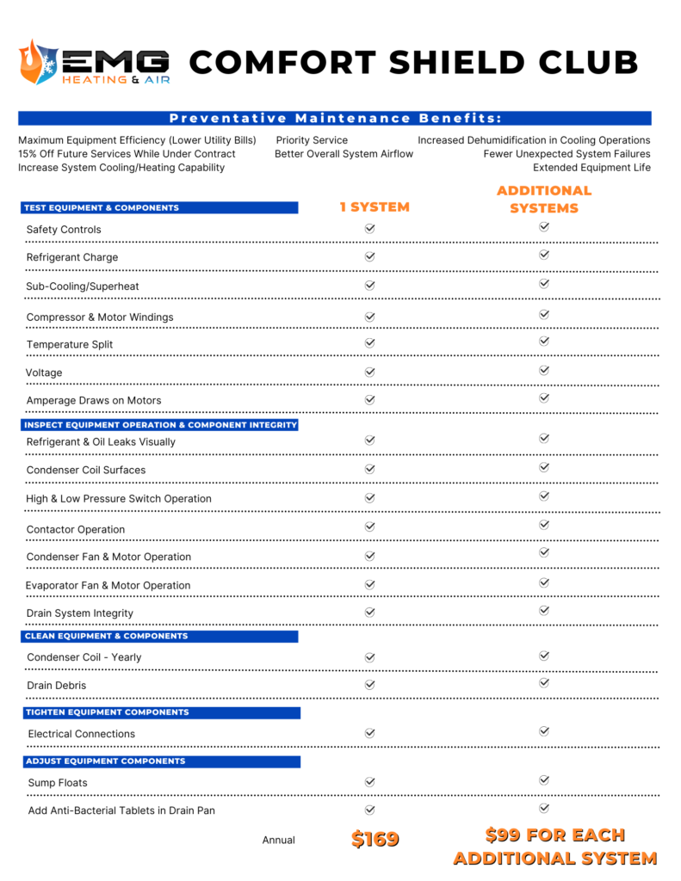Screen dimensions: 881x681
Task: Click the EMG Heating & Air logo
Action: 95,63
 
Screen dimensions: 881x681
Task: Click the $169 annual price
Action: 375,839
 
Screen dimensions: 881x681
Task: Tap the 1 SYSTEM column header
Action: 374,206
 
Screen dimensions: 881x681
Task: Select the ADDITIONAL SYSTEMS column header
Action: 544,199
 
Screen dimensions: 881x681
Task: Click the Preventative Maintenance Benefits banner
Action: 335,118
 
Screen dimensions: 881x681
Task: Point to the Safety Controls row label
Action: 64,230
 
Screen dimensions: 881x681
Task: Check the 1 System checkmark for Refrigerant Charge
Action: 370,256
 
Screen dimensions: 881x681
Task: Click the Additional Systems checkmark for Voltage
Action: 544,370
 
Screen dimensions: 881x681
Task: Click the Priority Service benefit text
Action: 312,140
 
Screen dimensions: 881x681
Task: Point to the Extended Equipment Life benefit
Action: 591,168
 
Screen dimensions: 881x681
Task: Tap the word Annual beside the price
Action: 279,840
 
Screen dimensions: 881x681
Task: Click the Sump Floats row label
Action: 57,783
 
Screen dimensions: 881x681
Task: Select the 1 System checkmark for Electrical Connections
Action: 370,733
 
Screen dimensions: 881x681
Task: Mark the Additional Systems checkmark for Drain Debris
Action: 544,683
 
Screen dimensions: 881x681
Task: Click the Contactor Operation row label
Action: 76,529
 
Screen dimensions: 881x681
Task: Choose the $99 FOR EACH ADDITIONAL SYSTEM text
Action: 555,846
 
